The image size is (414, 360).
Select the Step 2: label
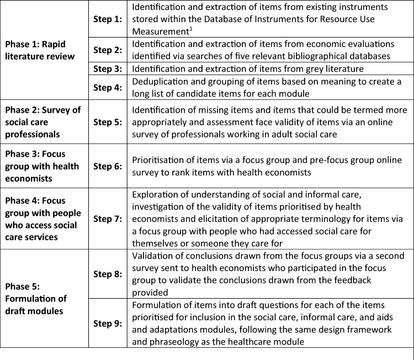[x=108, y=50]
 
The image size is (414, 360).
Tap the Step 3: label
[x=108, y=69]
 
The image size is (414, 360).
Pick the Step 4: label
[x=108, y=87]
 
